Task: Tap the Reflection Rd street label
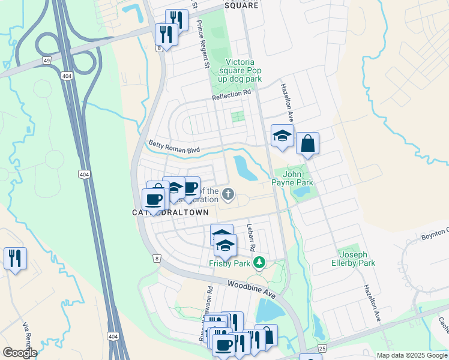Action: (231, 94)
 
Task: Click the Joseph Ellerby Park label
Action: (354, 259)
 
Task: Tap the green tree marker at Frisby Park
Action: (259, 262)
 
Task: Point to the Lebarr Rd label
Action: (252, 238)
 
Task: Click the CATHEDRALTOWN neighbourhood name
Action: (170, 212)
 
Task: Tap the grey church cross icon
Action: (228, 194)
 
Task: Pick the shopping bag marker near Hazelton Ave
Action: (307, 143)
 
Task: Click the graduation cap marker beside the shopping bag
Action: (282, 136)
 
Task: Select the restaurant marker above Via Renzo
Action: (14, 259)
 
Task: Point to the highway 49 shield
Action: (46, 61)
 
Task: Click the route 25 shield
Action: (322, 348)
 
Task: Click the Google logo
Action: (20, 353)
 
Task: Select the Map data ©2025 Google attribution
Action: (411, 355)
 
